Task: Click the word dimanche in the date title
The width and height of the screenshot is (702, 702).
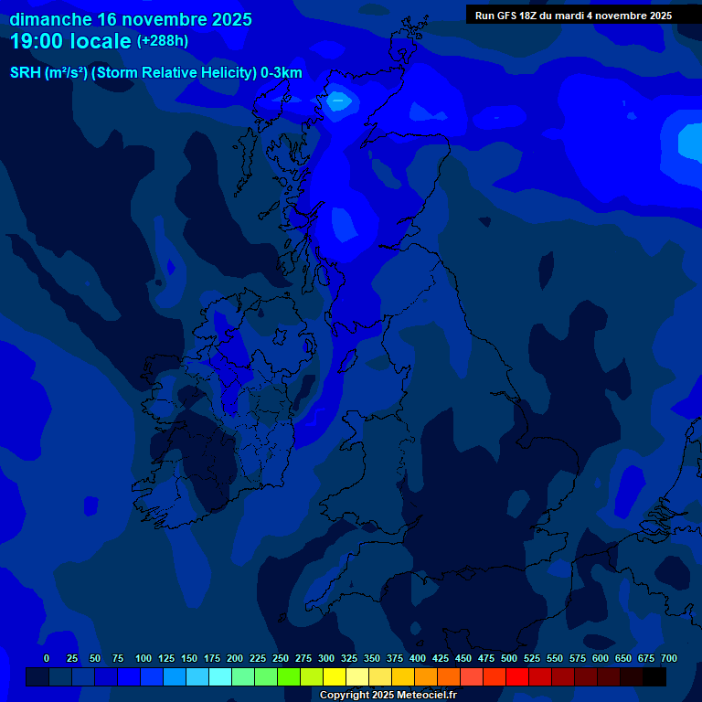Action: click(x=49, y=19)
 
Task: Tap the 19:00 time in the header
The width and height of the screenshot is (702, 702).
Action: click(x=39, y=42)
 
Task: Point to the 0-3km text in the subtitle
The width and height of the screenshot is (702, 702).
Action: click(x=281, y=73)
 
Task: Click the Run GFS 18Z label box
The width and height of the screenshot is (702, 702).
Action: click(x=573, y=15)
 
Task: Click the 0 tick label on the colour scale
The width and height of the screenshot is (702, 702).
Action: click(x=47, y=658)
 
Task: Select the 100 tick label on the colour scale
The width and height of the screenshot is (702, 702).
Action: click(x=144, y=658)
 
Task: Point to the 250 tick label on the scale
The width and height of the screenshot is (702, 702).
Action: click(x=281, y=658)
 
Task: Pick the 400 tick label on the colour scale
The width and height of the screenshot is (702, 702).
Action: click(x=418, y=658)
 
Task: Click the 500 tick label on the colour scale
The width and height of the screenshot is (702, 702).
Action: click(x=509, y=658)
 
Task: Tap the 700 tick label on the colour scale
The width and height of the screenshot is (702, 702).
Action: click(x=669, y=658)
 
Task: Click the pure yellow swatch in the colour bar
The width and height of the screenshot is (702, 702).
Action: click(x=335, y=676)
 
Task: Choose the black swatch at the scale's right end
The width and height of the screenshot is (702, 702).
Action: click(x=654, y=676)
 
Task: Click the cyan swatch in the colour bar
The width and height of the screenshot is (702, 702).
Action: click(x=220, y=676)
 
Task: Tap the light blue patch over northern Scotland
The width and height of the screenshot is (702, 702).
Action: click(x=339, y=101)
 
